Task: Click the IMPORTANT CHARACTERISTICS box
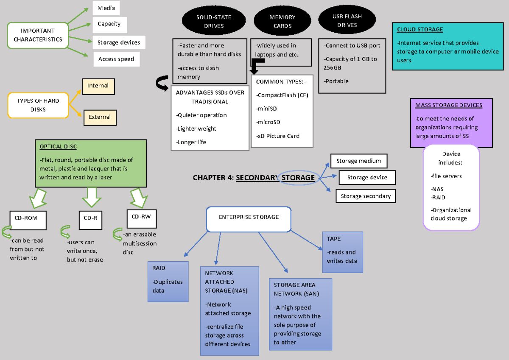click(38, 35)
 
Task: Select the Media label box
click(106, 8)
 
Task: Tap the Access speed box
click(116, 59)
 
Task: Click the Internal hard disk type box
click(98, 86)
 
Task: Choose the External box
click(100, 117)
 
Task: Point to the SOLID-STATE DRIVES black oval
click(214, 21)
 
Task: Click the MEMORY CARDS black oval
click(282, 21)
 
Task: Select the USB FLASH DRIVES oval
click(347, 21)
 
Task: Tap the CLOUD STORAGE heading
click(420, 30)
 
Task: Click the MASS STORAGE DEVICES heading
click(448, 106)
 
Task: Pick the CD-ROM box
click(28, 218)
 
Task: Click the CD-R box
click(90, 218)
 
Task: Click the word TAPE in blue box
click(333, 239)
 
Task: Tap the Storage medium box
click(358, 161)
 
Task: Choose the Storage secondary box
click(366, 196)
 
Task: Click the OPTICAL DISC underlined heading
click(58, 147)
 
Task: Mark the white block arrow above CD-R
click(90, 198)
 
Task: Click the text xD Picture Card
click(278, 136)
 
